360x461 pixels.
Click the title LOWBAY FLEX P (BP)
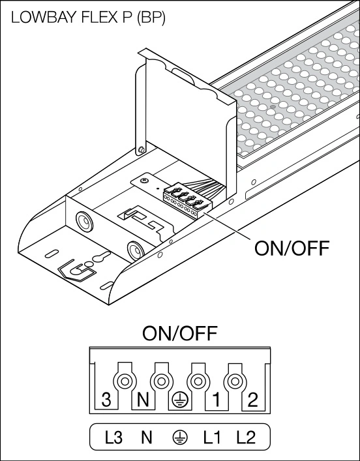88,18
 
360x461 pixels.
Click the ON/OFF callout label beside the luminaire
292,248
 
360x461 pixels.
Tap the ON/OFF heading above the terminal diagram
180,333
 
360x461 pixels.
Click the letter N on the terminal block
143,400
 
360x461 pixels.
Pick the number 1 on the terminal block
216,400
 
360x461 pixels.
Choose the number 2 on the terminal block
252,400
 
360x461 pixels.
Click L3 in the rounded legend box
113,438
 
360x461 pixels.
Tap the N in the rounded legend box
146,438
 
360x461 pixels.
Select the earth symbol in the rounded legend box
179,438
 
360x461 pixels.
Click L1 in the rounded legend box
212,438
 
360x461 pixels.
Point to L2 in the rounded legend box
246,438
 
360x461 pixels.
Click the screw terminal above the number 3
125,381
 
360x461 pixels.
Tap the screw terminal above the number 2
234,381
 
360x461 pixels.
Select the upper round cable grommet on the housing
85,221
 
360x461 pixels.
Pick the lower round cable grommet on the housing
136,250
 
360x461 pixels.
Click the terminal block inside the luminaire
187,201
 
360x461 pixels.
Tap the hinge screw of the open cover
141,150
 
